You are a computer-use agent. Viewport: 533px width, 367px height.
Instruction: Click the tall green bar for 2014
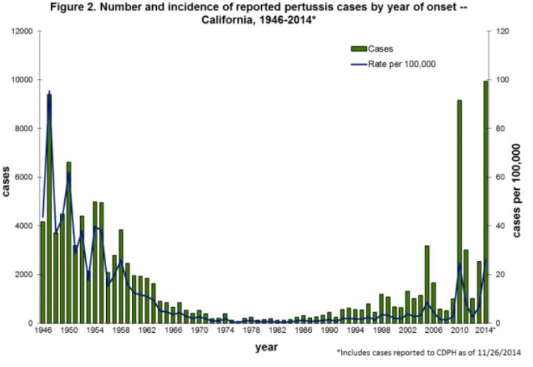click(x=486, y=202)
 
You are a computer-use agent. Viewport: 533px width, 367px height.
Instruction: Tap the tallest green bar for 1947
click(x=49, y=209)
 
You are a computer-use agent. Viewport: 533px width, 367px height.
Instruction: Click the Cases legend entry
click(x=380, y=49)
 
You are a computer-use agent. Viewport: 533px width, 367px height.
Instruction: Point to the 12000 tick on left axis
click(x=21, y=32)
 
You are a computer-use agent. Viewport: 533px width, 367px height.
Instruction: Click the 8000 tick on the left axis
click(x=23, y=129)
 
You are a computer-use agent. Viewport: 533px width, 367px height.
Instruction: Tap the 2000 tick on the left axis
click(x=23, y=275)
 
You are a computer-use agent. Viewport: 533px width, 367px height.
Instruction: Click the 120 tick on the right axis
click(x=503, y=32)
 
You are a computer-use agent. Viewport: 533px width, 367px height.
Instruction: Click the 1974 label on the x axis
click(x=224, y=329)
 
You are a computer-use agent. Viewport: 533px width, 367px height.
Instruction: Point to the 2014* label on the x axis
click(x=486, y=329)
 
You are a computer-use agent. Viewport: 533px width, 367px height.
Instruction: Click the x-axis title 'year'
click(x=266, y=346)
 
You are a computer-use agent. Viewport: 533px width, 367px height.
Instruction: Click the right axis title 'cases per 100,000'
click(x=517, y=190)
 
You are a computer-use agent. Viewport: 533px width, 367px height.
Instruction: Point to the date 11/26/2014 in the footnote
click(x=497, y=353)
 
